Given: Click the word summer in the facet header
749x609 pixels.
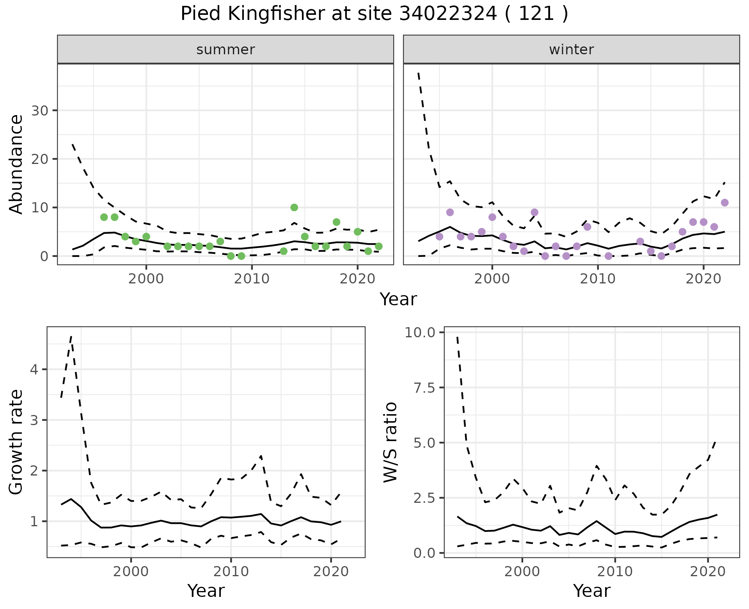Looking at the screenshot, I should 225,50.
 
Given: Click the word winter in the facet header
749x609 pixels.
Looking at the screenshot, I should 571,50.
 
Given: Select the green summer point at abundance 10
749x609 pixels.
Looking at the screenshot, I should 294,207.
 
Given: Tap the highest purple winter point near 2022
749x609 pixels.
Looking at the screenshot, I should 725,203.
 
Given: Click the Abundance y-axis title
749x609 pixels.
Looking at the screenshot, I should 16,164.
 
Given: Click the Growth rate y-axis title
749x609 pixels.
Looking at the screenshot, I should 16,442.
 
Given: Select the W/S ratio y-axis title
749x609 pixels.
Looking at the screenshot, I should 390,442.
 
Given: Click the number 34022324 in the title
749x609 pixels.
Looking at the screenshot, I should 448,14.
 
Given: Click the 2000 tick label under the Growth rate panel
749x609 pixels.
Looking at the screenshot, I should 131,572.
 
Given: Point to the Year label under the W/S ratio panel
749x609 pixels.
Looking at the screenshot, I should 591,591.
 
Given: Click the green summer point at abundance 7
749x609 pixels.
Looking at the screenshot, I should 336,222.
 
